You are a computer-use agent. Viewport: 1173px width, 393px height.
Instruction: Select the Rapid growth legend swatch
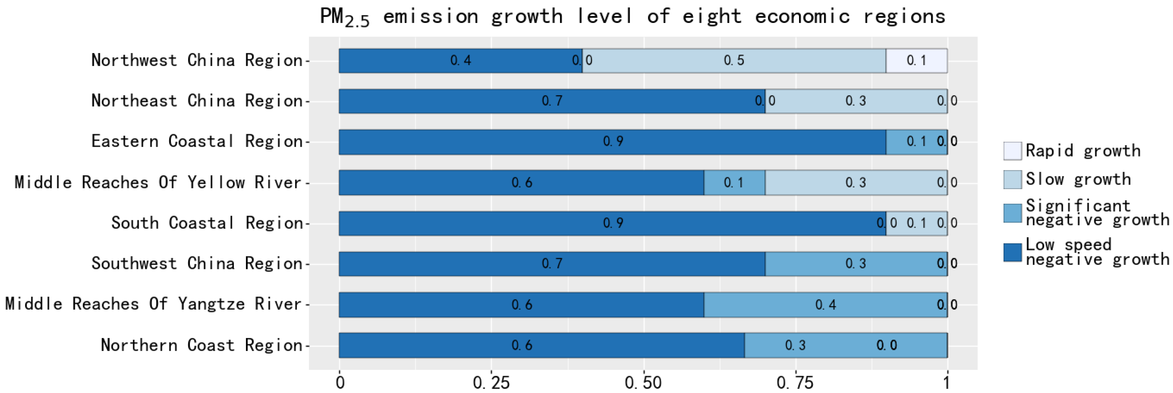1012,151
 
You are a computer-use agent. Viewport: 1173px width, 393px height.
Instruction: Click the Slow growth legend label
1078,179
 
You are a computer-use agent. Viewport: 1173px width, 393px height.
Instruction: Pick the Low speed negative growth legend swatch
1012,253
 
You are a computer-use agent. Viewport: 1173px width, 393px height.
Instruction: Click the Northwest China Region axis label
197,60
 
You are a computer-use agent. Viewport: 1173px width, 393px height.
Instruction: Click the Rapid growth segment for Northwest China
916,60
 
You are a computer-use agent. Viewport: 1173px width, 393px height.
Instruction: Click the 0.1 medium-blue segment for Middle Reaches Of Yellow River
734,182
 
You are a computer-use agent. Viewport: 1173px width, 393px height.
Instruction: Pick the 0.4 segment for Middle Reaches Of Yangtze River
825,304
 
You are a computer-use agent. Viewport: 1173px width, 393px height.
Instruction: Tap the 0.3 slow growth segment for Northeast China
856,101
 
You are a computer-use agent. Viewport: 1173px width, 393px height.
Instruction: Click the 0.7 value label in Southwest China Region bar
552,263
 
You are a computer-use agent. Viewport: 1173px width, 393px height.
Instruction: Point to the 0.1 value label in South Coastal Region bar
916,223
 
